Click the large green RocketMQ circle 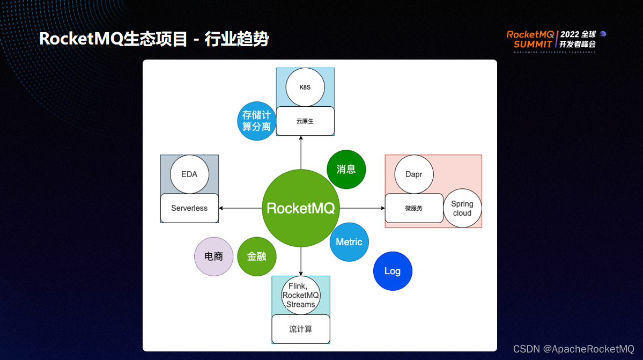coord(301,208)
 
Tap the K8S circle coord(305,87)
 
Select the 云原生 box coord(305,121)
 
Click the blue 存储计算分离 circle coord(257,121)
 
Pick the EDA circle coord(189,174)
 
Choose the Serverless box coord(189,208)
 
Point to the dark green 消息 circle coord(346,170)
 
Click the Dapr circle coord(414,174)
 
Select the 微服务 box coord(414,208)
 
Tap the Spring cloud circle coord(462,208)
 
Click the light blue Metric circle coord(349,242)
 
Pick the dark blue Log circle coord(393,271)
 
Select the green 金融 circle coord(257,256)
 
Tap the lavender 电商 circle coord(213,256)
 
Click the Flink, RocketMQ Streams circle coord(301,295)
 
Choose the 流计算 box coord(301,329)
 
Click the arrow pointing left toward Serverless coord(240,208)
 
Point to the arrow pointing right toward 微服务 coord(363,208)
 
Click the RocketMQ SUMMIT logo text coord(530,40)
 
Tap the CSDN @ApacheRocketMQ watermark coord(574,349)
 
